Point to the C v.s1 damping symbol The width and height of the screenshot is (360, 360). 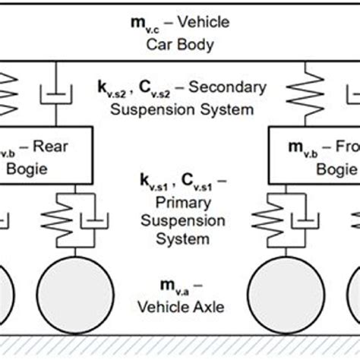click(x=189, y=182)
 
